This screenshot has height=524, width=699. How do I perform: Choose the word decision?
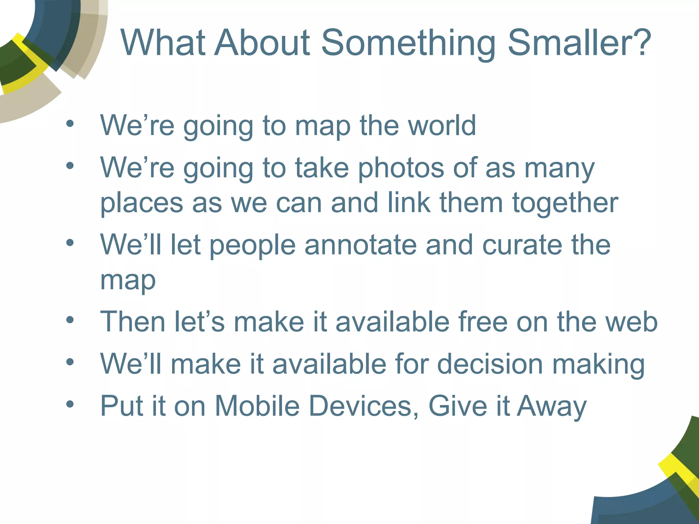click(x=490, y=364)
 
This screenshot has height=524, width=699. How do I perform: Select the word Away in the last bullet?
click(x=552, y=407)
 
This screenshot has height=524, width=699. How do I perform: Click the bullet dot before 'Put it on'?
click(x=70, y=404)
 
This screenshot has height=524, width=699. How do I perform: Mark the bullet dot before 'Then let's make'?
click(x=70, y=320)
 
